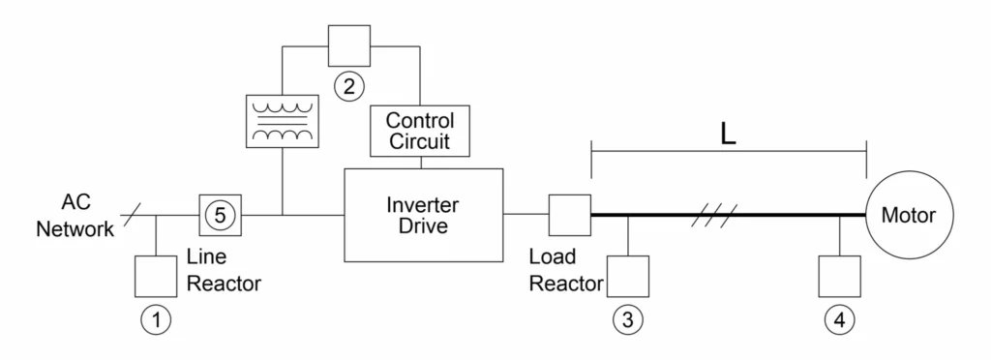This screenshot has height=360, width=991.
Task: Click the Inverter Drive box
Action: pyautogui.click(x=424, y=215)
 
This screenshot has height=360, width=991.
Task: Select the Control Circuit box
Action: pyautogui.click(x=420, y=132)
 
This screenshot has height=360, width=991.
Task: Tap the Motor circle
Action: pyautogui.click(x=908, y=215)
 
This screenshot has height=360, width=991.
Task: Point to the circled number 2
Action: pyautogui.click(x=348, y=86)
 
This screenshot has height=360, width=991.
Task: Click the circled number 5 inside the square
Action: pyautogui.click(x=220, y=215)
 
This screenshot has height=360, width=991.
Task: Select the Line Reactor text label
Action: pyautogui.click(x=223, y=272)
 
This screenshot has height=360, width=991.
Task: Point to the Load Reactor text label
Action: pyautogui.click(x=566, y=272)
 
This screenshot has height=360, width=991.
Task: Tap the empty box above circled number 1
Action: pyautogui.click(x=156, y=276)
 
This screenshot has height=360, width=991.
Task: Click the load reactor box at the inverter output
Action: pyautogui.click(x=569, y=215)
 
